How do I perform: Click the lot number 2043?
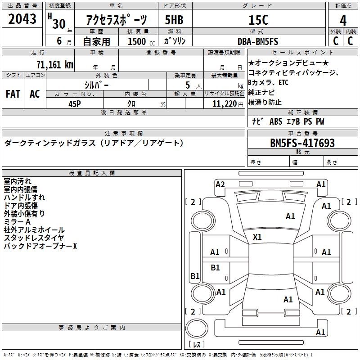(22, 20)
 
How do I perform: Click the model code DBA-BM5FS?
(258, 41)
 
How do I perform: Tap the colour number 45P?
(74, 103)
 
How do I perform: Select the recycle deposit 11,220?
(221, 103)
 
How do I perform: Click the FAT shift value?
(13, 94)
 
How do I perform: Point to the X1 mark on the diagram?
(257, 237)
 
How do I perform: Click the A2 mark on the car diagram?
(220, 184)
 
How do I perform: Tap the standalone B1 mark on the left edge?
(195, 276)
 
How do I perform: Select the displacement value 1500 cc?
(140, 41)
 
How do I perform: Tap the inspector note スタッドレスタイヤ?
(34, 238)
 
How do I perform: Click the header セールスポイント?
(303, 53)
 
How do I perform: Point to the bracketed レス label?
(197, 345)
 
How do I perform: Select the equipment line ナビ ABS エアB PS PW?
(288, 121)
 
